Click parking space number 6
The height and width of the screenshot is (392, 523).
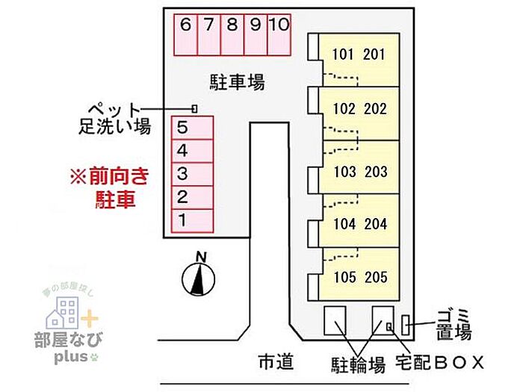pos(185,34)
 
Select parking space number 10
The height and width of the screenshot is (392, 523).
pos(278,34)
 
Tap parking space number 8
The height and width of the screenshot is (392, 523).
pos(232,34)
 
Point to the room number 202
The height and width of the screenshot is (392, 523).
pos(375,109)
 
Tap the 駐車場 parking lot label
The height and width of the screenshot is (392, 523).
pos(237,81)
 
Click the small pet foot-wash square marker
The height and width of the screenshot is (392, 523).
pos(195,108)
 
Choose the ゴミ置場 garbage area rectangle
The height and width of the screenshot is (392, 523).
pos(406,325)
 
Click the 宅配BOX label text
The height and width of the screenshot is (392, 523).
pos(441,364)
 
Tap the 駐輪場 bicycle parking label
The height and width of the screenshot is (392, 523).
pos(359,364)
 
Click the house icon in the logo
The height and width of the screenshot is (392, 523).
pos(66,314)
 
